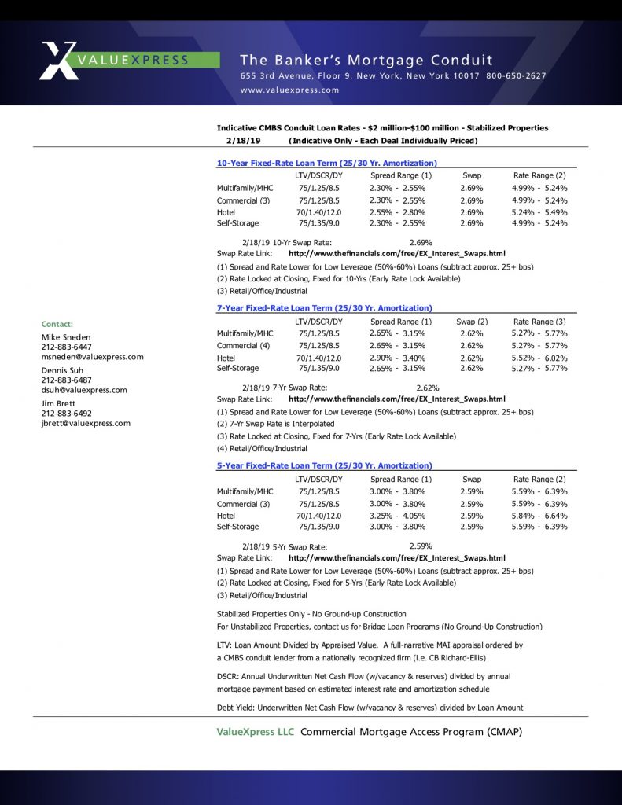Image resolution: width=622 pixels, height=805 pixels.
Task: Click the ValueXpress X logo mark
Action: (60, 60)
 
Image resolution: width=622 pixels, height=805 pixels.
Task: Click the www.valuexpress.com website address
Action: (289, 90)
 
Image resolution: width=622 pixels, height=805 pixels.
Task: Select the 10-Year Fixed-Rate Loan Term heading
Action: (326, 163)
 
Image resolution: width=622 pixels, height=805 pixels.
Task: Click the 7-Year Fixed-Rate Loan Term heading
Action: (324, 308)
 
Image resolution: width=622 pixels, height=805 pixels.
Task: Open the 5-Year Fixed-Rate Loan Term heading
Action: (324, 466)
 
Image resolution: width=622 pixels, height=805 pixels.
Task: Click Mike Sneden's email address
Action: (92, 357)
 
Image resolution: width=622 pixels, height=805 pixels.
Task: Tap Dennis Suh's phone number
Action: (66, 380)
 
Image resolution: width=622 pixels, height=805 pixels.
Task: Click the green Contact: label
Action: (57, 324)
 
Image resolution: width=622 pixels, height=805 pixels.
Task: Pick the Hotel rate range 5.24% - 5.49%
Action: (539, 212)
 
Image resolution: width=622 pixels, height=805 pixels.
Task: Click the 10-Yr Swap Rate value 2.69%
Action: (421, 243)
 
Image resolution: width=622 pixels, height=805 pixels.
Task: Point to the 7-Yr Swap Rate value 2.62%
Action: (427, 388)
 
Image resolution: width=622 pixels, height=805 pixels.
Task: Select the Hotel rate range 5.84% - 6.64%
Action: (539, 516)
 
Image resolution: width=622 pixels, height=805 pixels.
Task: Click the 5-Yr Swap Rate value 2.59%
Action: (421, 546)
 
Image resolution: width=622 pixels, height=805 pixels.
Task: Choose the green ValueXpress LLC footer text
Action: (256, 732)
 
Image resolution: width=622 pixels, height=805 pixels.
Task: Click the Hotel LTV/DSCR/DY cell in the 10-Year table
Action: (319, 212)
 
